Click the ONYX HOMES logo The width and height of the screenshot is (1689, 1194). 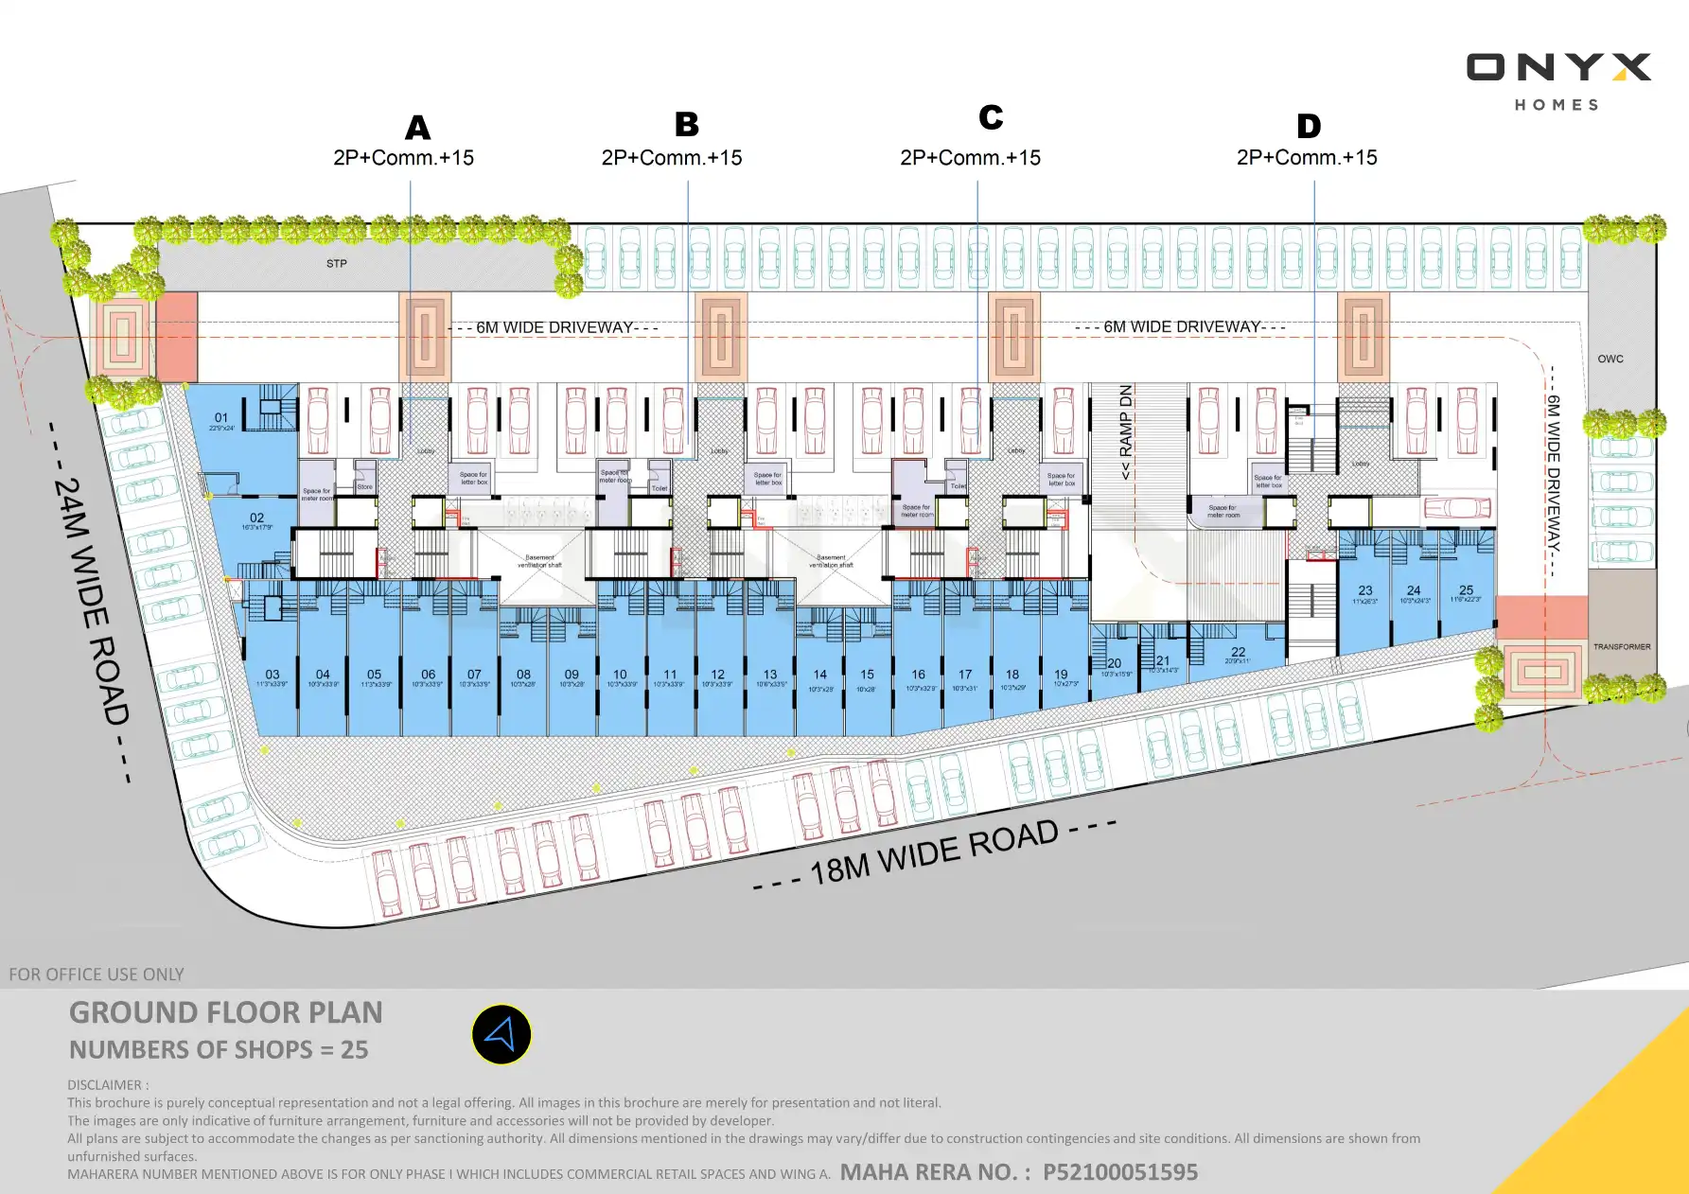point(1557,80)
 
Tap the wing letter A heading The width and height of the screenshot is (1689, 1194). point(417,128)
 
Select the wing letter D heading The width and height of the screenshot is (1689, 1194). point(1309,126)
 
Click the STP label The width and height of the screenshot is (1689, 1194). point(337,264)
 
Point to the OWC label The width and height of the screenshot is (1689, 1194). point(1610,360)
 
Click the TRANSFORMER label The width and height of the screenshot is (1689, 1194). point(1621,647)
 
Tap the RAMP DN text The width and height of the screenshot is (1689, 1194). point(1126,432)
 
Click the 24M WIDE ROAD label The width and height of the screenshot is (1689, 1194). point(91,602)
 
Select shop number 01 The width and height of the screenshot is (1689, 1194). point(221,418)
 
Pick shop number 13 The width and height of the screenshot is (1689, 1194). point(770,676)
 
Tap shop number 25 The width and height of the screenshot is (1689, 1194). point(1466,590)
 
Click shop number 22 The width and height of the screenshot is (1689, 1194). point(1238,653)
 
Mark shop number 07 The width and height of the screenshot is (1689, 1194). point(474,676)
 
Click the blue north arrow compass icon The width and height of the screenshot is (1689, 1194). point(501,1034)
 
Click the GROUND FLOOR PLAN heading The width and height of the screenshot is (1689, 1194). point(225,1013)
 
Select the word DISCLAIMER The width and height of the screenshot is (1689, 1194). point(104,1085)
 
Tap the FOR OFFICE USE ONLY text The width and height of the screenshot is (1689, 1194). point(97,975)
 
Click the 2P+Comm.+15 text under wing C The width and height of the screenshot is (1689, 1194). point(970,158)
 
